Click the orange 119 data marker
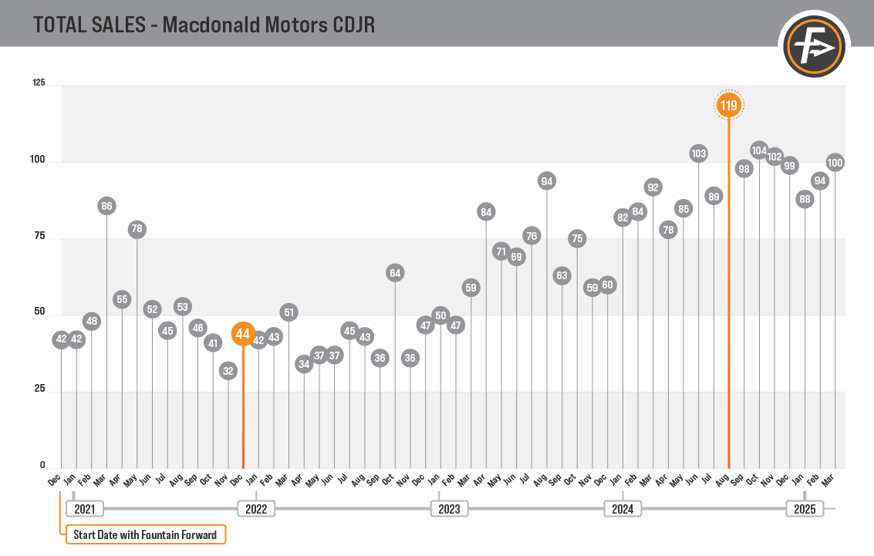point(729,105)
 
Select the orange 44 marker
point(243,334)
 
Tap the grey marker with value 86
point(106,206)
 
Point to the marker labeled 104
point(759,150)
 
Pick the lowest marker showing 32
point(228,371)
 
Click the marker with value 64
point(395,272)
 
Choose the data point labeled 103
point(698,153)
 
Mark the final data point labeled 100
point(835,163)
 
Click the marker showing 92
point(653,187)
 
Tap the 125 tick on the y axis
point(39,83)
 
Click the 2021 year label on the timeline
point(84,509)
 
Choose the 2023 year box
point(449,509)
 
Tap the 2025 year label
point(805,509)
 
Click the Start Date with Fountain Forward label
point(146,534)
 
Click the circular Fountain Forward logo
point(815,48)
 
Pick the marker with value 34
point(304,364)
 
